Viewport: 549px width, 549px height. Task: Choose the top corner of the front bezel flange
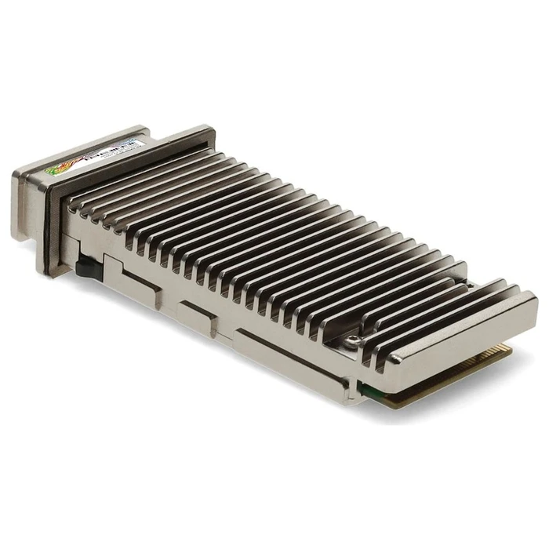pos(204,130)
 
